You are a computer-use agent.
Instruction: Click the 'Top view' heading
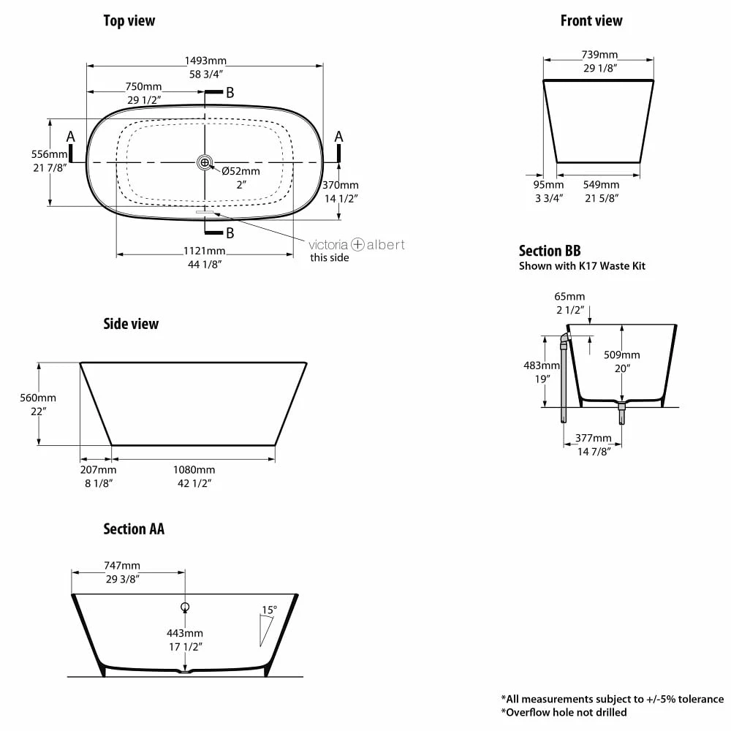tap(129, 21)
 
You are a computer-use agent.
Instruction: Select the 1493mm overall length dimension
tap(205, 61)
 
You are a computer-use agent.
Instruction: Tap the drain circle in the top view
tap(205, 163)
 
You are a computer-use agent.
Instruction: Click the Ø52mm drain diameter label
tap(240, 171)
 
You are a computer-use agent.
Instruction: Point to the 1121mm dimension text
tap(204, 251)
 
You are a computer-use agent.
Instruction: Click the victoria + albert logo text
tap(357, 244)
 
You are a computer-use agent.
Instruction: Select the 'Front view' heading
tap(591, 21)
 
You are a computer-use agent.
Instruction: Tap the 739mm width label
tap(599, 55)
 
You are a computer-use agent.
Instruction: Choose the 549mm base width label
tap(602, 185)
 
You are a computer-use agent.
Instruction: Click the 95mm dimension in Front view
tap(549, 185)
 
